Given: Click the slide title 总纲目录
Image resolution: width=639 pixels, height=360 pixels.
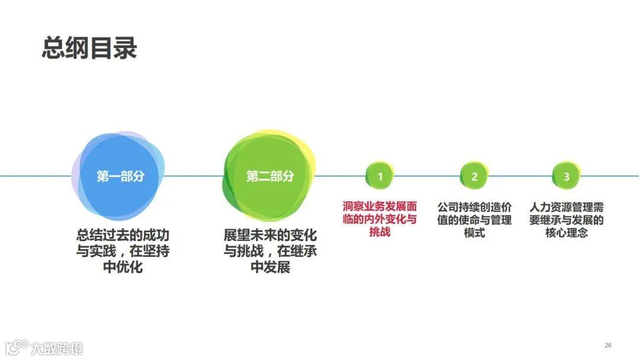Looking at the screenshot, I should click(89, 49).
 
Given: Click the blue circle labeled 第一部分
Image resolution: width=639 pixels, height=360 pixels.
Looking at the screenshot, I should click(120, 176).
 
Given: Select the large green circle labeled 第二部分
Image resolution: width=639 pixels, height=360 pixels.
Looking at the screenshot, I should click(270, 176).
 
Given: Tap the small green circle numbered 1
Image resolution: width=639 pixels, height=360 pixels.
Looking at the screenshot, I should click(380, 176).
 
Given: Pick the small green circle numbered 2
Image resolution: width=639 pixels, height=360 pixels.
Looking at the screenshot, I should click(474, 176).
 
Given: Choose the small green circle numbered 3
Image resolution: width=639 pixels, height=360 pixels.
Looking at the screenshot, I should click(567, 176).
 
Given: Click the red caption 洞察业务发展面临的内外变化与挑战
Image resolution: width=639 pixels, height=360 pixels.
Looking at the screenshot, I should click(380, 219).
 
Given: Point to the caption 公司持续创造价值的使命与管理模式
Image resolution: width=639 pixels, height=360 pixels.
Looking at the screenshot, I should click(475, 219).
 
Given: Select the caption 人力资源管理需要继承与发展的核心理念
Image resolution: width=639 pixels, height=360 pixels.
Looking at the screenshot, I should click(567, 219).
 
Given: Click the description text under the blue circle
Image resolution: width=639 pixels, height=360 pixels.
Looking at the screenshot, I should click(122, 250).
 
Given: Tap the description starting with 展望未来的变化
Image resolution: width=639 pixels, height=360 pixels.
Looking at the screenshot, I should click(270, 250).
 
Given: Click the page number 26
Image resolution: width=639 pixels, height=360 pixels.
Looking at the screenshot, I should click(608, 345).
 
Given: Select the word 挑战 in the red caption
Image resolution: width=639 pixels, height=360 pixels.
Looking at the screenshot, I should click(380, 232).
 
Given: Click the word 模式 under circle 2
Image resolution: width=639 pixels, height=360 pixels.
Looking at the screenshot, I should click(475, 232).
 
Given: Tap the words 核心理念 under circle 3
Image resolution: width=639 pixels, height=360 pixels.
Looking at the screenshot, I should click(567, 232).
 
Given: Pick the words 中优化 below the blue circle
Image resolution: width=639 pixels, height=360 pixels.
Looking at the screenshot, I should click(122, 267).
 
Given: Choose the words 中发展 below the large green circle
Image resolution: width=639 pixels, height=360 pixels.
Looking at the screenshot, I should click(270, 267).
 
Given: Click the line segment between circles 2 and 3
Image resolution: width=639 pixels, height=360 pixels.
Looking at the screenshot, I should click(521, 176).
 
